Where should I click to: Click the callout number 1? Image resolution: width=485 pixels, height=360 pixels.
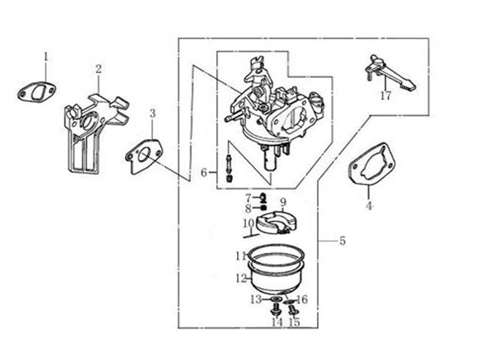tap(45, 57)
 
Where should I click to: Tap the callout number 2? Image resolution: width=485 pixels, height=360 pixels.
tap(99, 69)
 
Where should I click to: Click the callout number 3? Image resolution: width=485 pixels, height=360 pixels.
tap(152, 113)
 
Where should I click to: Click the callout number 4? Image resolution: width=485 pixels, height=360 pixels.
tap(369, 206)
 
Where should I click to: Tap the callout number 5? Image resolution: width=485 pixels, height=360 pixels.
tap(342, 241)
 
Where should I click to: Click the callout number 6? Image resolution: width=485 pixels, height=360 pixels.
tap(204, 173)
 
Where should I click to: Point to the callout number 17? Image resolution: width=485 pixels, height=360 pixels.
tap(386, 96)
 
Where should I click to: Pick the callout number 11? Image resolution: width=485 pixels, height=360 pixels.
tap(240, 256)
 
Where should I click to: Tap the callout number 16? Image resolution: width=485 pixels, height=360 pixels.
tap(302, 299)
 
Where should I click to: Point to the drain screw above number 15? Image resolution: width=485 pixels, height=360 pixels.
tap(292, 309)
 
